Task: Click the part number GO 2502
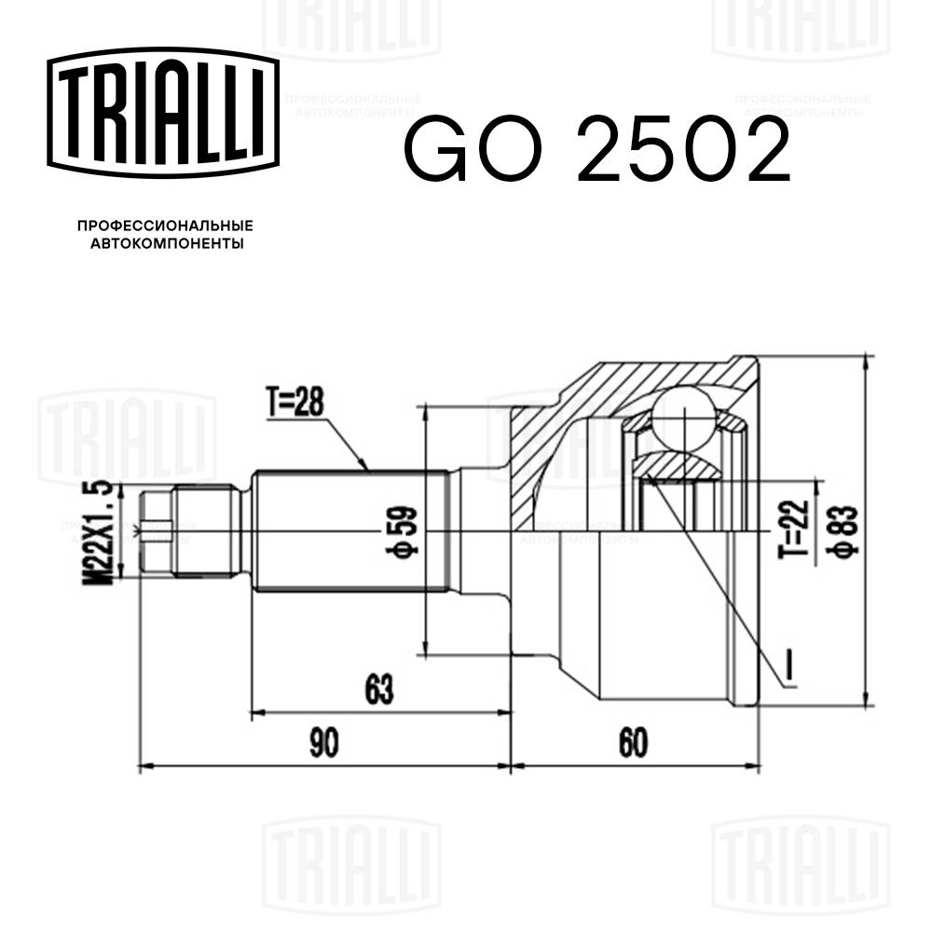596,151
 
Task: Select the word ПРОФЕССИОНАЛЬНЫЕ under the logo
164,226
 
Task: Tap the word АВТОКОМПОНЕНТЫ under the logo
164,244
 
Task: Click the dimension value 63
377,692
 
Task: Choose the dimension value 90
322,744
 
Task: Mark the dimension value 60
632,744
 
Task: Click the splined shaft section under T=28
349,532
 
